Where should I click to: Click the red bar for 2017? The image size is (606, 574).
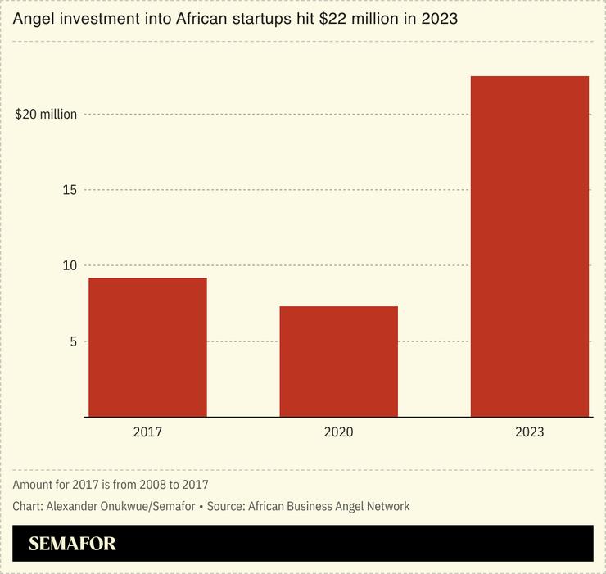[147, 347]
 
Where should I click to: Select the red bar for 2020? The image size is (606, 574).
[338, 361]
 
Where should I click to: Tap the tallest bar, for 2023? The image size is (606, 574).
[529, 246]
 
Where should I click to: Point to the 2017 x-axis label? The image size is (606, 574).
[147, 432]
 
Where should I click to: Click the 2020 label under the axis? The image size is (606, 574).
[338, 432]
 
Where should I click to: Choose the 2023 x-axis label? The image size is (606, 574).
[529, 432]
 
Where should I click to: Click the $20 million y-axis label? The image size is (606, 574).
[46, 115]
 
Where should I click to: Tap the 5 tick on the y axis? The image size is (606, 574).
[72, 341]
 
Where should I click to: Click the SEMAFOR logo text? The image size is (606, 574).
[72, 544]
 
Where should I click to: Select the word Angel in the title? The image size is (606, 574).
[31, 18]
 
